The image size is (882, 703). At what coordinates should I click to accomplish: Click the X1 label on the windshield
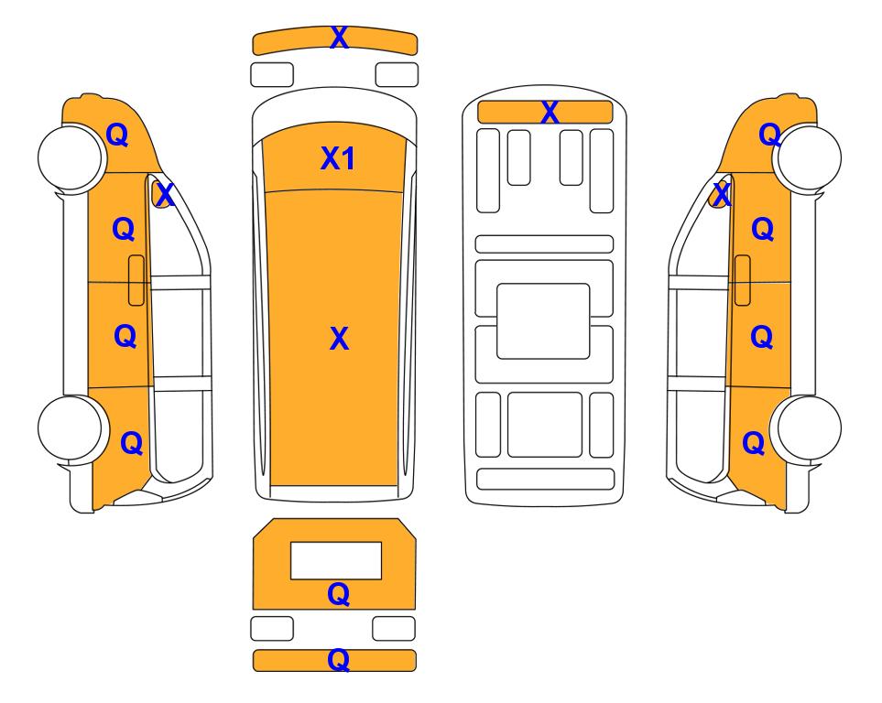point(337,158)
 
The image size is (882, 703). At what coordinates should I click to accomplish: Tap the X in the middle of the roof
point(339,338)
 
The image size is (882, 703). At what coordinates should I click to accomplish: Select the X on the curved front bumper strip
point(339,38)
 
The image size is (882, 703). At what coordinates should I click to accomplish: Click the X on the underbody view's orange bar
point(550,112)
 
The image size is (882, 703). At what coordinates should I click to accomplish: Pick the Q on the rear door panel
point(338,594)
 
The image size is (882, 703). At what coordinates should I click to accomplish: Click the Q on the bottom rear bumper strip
point(338,659)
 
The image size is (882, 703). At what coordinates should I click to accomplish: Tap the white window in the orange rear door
point(336,561)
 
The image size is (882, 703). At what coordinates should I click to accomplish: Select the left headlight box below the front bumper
point(272,75)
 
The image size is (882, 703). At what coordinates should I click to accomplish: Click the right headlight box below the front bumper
point(397,75)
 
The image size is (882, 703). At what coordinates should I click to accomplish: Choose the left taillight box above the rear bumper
point(272,628)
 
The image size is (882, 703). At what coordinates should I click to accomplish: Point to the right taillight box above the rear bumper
point(394,628)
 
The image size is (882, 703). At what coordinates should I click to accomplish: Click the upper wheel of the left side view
point(72,157)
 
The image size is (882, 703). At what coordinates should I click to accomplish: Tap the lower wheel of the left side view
point(72,428)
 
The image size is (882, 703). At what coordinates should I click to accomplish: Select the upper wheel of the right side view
point(807,157)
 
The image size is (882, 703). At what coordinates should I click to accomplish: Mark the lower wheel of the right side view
point(807,428)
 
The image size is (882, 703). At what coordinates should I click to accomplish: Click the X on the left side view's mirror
point(165,195)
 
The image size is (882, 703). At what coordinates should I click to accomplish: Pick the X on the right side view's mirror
point(722,195)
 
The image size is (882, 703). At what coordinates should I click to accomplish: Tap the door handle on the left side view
point(136,280)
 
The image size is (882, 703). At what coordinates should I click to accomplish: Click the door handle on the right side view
point(743,280)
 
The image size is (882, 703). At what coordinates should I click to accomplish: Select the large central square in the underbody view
point(543,321)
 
